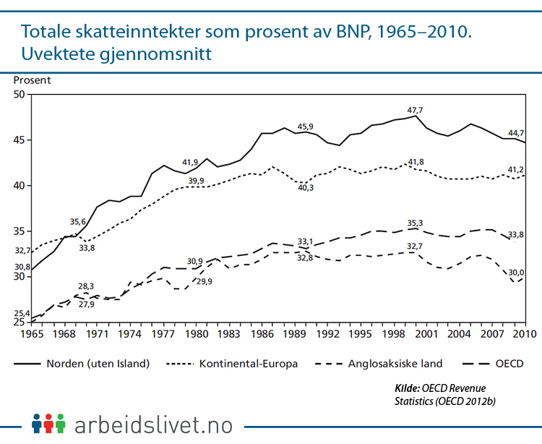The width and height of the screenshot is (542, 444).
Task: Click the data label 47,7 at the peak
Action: (415, 111)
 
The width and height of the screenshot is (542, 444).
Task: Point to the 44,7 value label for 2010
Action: (516, 133)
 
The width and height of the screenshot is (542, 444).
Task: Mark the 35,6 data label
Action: (78, 222)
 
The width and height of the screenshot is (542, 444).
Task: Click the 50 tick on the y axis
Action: (19, 95)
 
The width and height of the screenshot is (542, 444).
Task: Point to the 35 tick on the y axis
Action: (19, 231)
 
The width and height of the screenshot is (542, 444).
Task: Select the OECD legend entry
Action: (510, 363)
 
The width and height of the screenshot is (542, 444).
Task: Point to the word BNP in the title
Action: (346, 32)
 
